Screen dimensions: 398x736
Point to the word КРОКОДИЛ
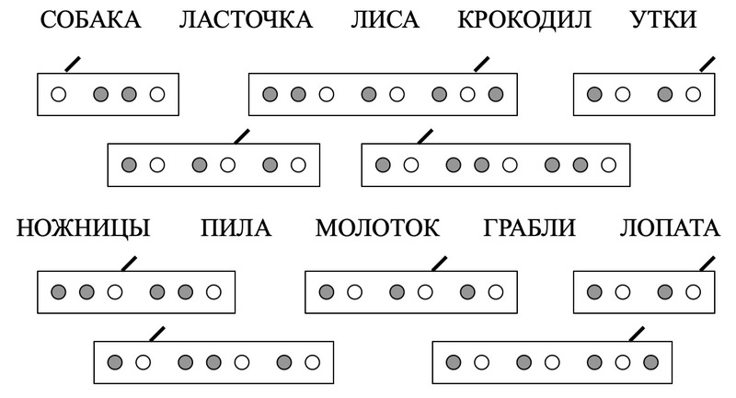(523, 19)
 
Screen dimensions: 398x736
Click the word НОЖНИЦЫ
(84, 228)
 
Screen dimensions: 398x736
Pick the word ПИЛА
(236, 228)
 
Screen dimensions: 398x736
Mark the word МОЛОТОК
(379, 228)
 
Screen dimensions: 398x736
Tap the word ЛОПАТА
(669, 228)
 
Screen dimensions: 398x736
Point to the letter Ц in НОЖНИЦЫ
(121, 228)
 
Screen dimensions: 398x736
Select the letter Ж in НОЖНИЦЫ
(67, 228)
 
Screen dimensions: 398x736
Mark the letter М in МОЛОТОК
(327, 228)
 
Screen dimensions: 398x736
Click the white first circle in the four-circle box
(60, 94)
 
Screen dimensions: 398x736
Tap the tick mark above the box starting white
(71, 64)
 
